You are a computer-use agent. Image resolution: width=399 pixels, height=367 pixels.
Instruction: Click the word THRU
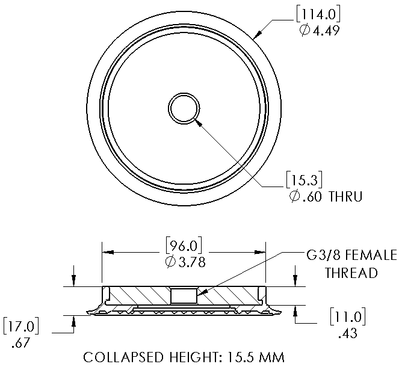pos(345,197)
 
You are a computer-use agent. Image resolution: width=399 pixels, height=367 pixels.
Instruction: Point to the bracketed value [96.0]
pos(183,245)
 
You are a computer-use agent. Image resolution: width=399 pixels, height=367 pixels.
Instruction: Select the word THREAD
pos(351,273)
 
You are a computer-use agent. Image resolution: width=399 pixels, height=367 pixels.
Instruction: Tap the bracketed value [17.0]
pos(22,327)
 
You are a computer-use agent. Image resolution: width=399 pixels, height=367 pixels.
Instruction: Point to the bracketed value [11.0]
pos(347,316)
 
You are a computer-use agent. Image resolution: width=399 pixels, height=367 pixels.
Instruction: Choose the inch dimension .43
pos(347,332)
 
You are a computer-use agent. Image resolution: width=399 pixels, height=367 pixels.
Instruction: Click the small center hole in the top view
pos(184,109)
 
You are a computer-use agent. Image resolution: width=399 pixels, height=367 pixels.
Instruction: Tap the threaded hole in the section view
pos(184,295)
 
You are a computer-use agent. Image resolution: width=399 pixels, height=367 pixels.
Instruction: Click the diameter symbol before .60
pos(295,197)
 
